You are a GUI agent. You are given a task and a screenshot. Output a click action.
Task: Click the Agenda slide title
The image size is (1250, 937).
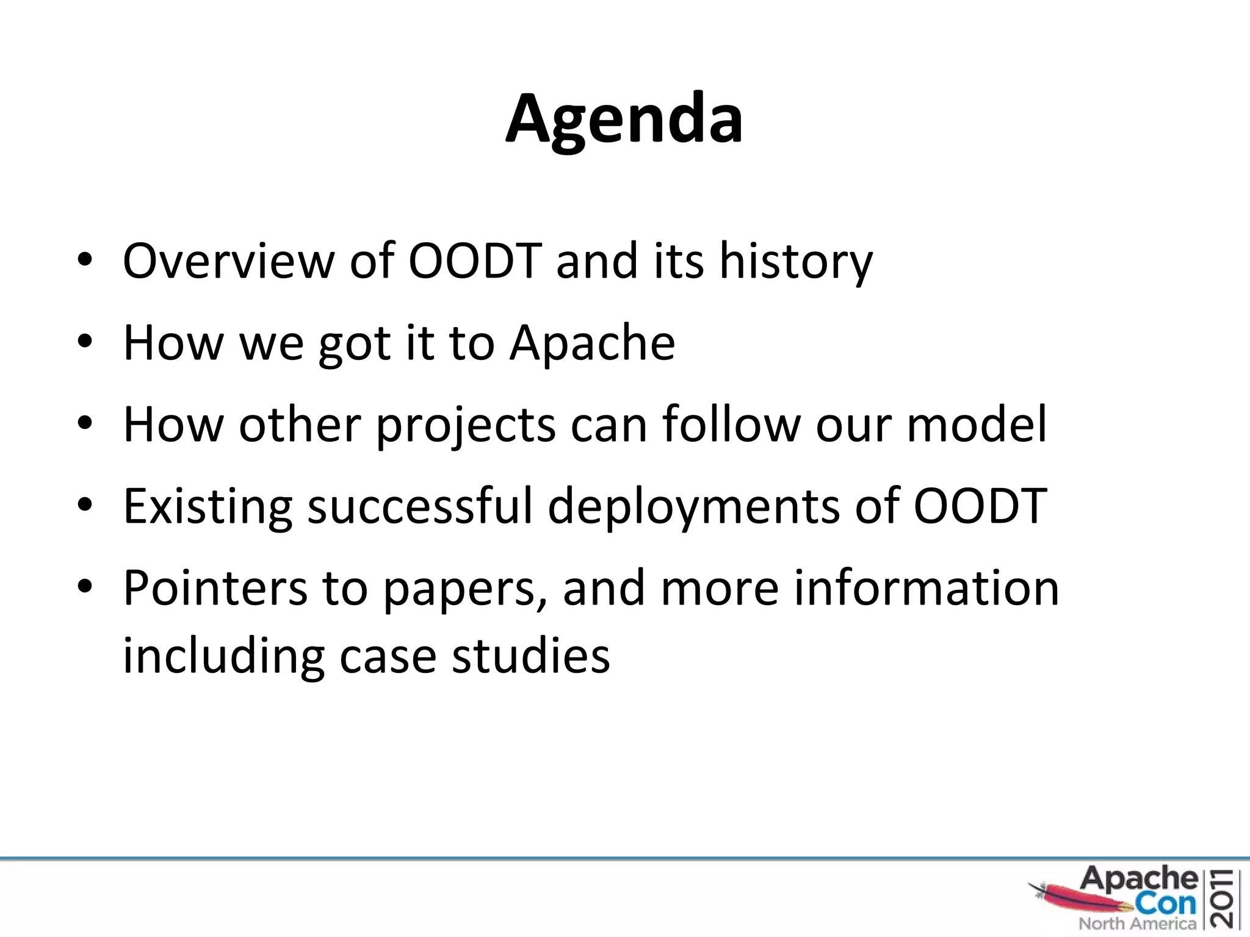[x=624, y=119]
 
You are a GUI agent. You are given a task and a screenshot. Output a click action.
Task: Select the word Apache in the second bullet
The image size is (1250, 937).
[x=592, y=343]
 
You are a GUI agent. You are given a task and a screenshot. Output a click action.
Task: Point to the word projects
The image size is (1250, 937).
[x=465, y=426]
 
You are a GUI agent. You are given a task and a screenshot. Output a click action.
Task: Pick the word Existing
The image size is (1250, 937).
[x=208, y=508]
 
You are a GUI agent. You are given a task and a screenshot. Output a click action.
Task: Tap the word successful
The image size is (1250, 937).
[x=420, y=506]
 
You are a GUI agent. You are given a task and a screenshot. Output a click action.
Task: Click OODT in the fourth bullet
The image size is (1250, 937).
[x=980, y=506]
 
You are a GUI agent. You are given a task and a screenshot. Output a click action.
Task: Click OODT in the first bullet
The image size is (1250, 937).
[x=475, y=261]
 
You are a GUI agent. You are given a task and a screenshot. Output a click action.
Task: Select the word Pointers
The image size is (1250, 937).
[x=215, y=588]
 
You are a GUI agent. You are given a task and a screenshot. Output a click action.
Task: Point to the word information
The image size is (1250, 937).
[x=926, y=588]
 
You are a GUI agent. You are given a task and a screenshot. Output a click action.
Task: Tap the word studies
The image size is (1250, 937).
[x=530, y=656]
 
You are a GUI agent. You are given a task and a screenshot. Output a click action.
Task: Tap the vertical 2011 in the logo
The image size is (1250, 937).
[x=1225, y=898]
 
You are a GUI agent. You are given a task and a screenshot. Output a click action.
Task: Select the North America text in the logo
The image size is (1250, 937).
[x=1137, y=924]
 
